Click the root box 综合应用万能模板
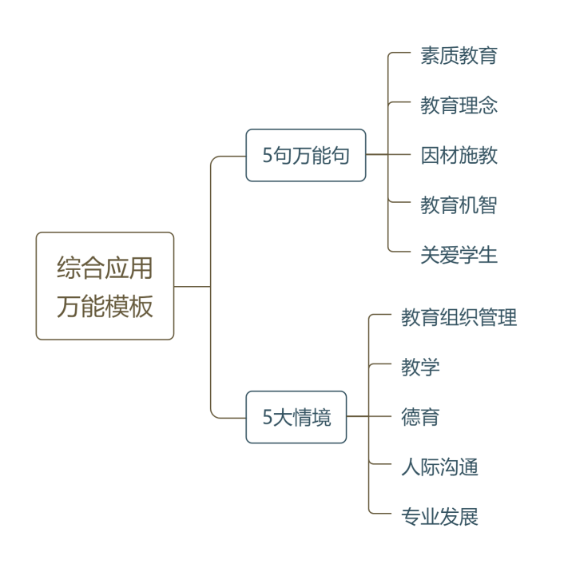click(x=105, y=286)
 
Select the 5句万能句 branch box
click(x=306, y=155)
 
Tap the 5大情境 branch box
click(x=296, y=417)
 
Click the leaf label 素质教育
click(x=459, y=56)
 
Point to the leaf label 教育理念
click(x=459, y=105)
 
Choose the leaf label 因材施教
click(x=459, y=155)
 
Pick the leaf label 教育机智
click(x=459, y=205)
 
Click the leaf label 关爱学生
click(x=459, y=255)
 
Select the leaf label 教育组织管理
click(x=459, y=318)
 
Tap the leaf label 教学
click(x=420, y=367)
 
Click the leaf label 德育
click(x=420, y=417)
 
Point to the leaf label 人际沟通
click(x=439, y=467)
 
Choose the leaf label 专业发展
click(x=439, y=516)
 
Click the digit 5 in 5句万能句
click(x=268, y=156)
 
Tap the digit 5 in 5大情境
click(x=268, y=418)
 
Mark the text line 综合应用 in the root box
click(x=105, y=268)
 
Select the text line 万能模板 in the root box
click(x=105, y=306)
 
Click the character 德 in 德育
click(x=411, y=417)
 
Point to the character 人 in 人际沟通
click(x=411, y=467)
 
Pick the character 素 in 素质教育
click(x=430, y=56)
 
